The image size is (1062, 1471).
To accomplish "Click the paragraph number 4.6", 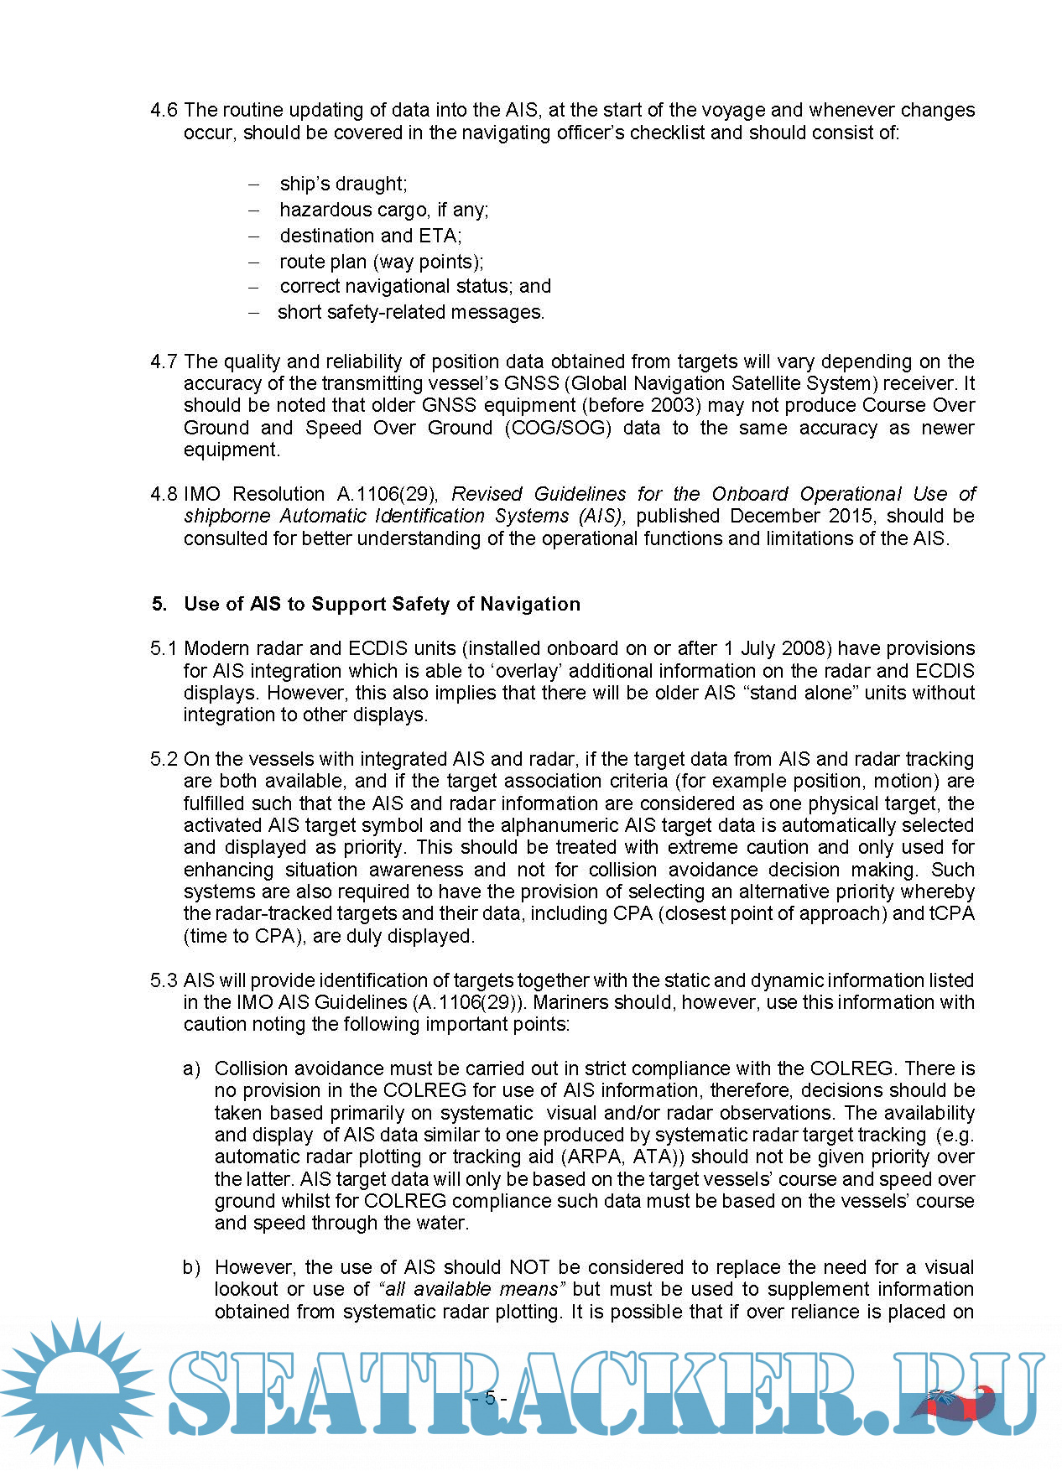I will (164, 110).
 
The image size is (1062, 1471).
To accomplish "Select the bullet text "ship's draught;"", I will (343, 184).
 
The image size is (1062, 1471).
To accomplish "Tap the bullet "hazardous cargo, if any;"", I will (383, 210).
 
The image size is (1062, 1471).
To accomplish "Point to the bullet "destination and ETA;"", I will (370, 236).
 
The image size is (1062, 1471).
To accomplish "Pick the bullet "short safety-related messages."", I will (411, 312).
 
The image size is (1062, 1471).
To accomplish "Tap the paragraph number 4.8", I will (164, 494).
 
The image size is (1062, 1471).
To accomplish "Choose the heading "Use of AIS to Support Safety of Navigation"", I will (382, 604).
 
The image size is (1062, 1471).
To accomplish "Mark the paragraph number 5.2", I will (164, 759).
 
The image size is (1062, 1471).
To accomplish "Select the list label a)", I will (192, 1068).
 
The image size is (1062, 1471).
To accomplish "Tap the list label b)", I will (192, 1267).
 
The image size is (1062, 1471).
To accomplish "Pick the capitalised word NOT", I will (530, 1267).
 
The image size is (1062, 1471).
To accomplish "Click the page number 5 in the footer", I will (490, 1398).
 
